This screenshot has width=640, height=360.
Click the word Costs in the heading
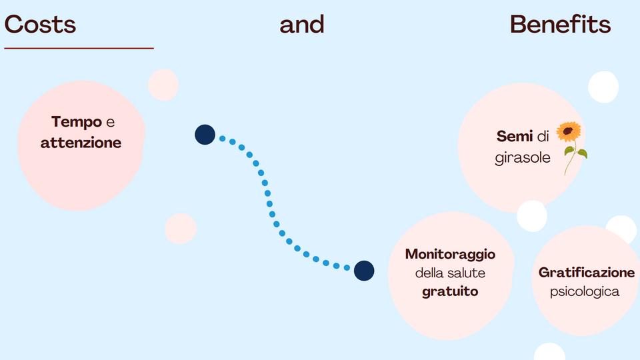(x=40, y=25)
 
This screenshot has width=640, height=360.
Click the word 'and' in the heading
(x=302, y=25)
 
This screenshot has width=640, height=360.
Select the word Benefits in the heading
(x=560, y=25)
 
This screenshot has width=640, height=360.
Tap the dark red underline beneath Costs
(x=79, y=48)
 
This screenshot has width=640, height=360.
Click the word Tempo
(x=77, y=122)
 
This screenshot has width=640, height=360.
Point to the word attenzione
(x=81, y=143)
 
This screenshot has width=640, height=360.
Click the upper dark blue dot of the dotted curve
(x=205, y=135)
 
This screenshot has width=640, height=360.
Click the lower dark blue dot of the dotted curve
(x=364, y=270)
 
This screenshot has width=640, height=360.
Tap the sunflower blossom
(x=569, y=132)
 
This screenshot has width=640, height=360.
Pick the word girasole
(x=523, y=158)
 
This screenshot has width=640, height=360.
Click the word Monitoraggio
(x=450, y=254)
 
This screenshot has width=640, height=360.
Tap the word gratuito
(x=450, y=291)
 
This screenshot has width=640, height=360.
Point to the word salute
(x=467, y=273)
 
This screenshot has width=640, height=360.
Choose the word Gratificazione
(x=587, y=273)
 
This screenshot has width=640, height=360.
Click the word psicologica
(x=585, y=291)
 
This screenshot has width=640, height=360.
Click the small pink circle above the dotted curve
(x=163, y=85)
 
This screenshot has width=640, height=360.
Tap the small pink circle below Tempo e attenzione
(x=181, y=228)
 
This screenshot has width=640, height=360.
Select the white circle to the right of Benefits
(x=603, y=87)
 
